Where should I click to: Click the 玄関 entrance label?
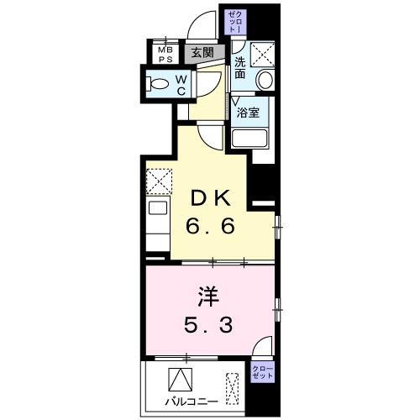pos(202,52)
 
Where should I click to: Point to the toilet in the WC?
pos(157,82)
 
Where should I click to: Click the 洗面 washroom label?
pos(240,68)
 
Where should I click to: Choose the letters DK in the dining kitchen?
pos(210,197)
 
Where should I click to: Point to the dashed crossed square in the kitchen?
pos(158,180)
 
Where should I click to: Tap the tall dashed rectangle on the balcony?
pos(255,388)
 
